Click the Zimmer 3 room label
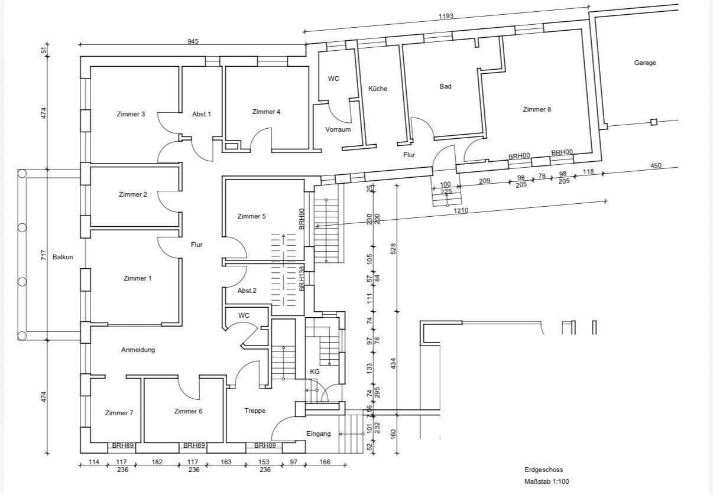[131, 114]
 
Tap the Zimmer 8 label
[537, 109]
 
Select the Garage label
[645, 63]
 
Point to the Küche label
[378, 89]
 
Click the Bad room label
[445, 86]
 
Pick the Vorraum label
[338, 129]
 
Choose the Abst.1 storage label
[201, 114]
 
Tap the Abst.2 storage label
[247, 291]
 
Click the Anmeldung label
[138, 350]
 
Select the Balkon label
[63, 257]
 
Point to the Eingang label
[318, 434]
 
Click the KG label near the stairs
[315, 372]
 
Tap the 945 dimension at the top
[193, 41]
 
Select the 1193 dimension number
[446, 16]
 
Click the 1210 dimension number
[461, 210]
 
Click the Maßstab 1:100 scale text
[547, 482]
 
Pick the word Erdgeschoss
[543, 470]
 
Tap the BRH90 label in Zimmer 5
[302, 219]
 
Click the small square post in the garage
[653, 122]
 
